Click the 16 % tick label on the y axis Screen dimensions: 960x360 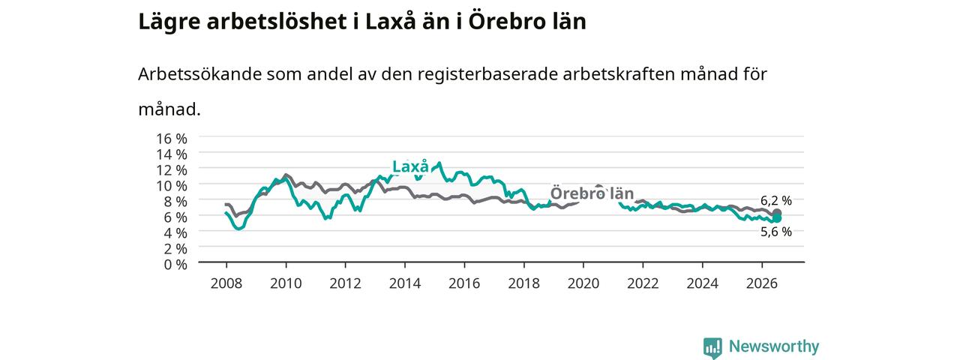(x=172, y=139)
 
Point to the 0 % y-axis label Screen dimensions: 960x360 (x=175, y=265)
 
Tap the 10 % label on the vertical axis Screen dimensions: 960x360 (x=172, y=186)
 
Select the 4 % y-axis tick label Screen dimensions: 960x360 (x=175, y=233)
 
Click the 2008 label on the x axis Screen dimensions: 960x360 (x=226, y=283)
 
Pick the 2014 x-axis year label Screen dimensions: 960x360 (x=405, y=283)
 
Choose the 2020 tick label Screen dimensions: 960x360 (x=583, y=283)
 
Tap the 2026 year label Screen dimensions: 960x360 (x=762, y=283)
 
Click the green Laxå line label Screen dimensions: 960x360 (x=410, y=166)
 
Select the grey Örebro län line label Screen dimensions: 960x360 (x=592, y=193)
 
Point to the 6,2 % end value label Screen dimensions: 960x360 (x=776, y=200)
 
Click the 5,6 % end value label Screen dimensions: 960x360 (x=776, y=232)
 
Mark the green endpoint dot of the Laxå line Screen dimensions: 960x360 (x=776, y=218)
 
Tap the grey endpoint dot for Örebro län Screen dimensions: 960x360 (x=776, y=213)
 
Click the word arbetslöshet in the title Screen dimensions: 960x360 (x=277, y=22)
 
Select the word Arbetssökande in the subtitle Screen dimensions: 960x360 (x=199, y=74)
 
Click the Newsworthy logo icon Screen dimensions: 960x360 (x=712, y=347)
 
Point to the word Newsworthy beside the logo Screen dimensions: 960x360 (x=774, y=346)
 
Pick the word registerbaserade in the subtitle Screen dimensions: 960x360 (x=487, y=74)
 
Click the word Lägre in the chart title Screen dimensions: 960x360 (x=169, y=22)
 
